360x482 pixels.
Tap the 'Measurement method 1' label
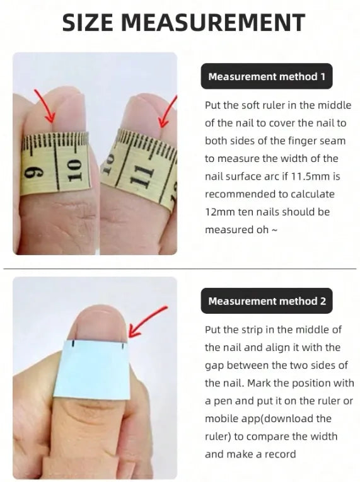[267, 76]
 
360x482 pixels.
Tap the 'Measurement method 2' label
[267, 301]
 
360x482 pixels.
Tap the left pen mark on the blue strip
[73, 344]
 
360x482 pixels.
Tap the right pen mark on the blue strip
[123, 347]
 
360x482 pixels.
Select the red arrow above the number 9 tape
[45, 106]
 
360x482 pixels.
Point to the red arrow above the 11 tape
[168, 112]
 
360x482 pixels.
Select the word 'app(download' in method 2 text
[269, 418]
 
